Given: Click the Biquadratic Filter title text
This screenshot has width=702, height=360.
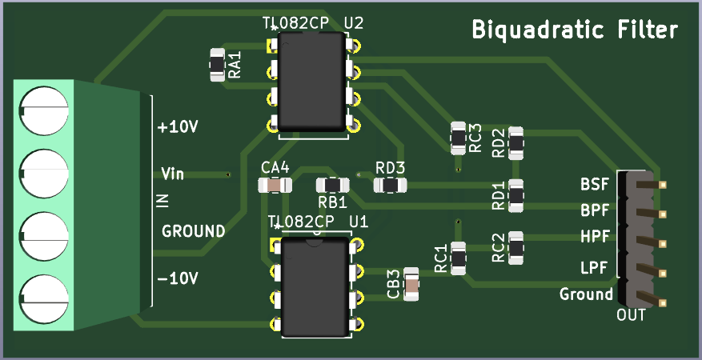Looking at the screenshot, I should point(575,31).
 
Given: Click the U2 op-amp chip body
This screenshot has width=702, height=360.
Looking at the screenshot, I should point(311,84).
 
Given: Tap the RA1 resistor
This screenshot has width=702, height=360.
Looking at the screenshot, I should point(217,65).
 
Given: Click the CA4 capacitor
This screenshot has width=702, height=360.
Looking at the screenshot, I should point(275,186).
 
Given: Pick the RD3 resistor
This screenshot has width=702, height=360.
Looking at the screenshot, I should point(391,186).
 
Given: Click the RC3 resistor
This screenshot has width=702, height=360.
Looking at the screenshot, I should point(458,138).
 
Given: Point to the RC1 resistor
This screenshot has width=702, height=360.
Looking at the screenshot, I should point(459,258).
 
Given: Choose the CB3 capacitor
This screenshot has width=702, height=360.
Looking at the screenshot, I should point(411,283).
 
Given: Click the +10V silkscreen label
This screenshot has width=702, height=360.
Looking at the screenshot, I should point(178,127).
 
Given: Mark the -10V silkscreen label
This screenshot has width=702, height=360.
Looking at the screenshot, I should point(178,279).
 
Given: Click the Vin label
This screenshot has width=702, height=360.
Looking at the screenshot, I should point(173,174).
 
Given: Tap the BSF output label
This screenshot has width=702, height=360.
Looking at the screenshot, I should point(595,186).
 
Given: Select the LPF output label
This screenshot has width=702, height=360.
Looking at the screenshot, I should point(595,266).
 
